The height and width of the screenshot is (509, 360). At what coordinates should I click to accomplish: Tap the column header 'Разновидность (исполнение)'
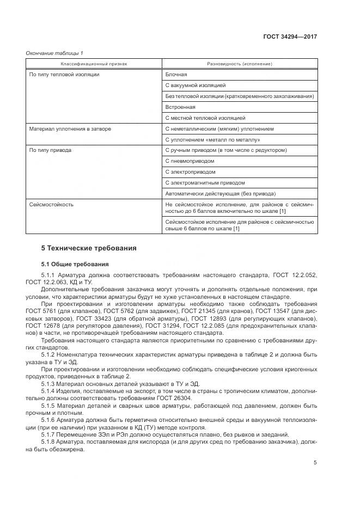pos(240,64)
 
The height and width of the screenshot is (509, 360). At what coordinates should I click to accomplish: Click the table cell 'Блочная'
pos(176,75)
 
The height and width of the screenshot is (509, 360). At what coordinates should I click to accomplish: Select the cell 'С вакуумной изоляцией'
pos(195,85)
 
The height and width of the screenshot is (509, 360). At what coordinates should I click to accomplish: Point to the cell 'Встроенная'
pos(180,107)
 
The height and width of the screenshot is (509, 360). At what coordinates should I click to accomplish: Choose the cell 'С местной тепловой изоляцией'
pos(205,118)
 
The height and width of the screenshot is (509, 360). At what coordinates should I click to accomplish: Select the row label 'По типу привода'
pos(50,150)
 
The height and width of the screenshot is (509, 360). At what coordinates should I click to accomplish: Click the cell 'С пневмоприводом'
pos(189,161)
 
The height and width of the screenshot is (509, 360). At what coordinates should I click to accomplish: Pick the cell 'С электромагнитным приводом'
pos(204,183)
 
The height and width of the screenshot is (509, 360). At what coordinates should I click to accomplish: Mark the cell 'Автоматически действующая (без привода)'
pos(220,194)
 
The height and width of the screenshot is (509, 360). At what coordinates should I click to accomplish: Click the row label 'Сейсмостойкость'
pos(51,205)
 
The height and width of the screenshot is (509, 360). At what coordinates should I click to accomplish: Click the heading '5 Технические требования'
pos(89,248)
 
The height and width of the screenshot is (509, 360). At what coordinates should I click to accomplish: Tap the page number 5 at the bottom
pos(315,463)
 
